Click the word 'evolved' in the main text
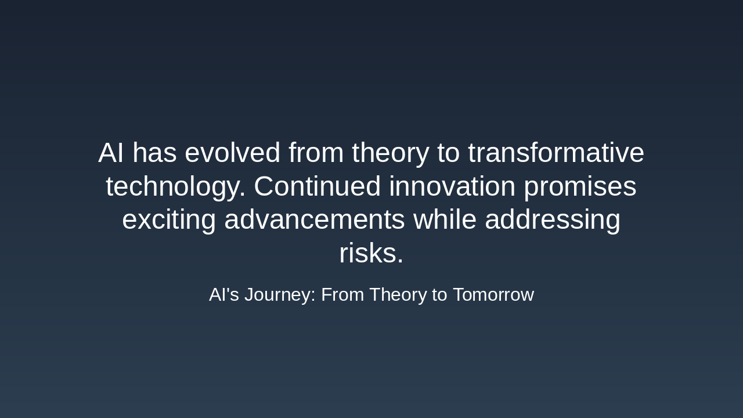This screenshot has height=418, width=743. [x=232, y=153]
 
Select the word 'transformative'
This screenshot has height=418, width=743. [x=556, y=153]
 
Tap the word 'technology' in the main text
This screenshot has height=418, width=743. [x=175, y=188]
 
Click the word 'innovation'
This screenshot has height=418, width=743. [x=452, y=187]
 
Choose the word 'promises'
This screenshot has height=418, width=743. [x=579, y=188]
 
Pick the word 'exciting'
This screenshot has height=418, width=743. [x=169, y=221]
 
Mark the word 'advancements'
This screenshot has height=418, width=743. [x=314, y=220]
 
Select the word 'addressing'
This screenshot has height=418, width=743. [x=552, y=221]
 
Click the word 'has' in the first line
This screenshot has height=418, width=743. [x=154, y=153]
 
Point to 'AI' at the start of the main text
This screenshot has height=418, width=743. [x=110, y=153]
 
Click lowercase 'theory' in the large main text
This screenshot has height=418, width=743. [x=390, y=153]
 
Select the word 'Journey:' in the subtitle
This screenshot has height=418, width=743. [x=280, y=295]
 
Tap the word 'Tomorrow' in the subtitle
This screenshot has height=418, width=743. [x=493, y=295]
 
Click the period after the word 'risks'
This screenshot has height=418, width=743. [x=400, y=262]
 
